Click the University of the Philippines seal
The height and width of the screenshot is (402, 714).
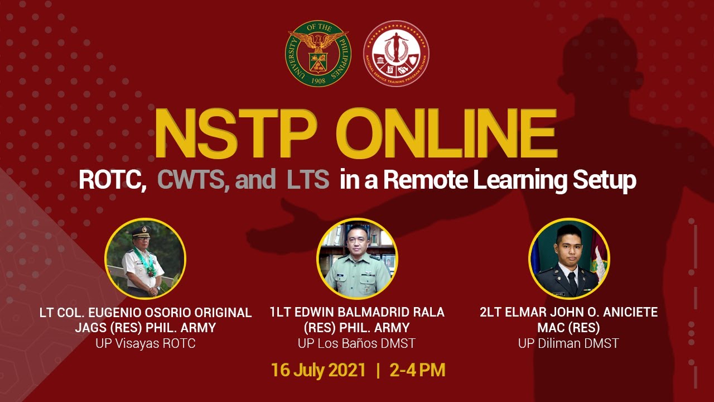(317, 53)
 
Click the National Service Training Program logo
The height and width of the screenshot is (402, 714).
(396, 53)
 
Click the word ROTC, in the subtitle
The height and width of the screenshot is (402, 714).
(112, 180)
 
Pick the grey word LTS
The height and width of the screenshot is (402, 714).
(308, 180)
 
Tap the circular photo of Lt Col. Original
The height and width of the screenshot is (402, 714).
(145, 258)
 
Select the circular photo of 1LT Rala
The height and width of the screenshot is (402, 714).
(357, 258)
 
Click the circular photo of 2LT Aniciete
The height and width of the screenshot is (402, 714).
(569, 258)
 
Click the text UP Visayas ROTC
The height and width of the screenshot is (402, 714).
(146, 343)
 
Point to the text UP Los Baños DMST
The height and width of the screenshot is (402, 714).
(357, 343)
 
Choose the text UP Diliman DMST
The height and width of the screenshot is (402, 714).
(568, 343)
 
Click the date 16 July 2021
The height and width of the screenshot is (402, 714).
(319, 370)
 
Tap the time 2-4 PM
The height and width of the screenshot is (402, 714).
(417, 370)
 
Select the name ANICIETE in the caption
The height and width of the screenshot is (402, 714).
(625, 312)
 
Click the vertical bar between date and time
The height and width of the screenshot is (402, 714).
(379, 370)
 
